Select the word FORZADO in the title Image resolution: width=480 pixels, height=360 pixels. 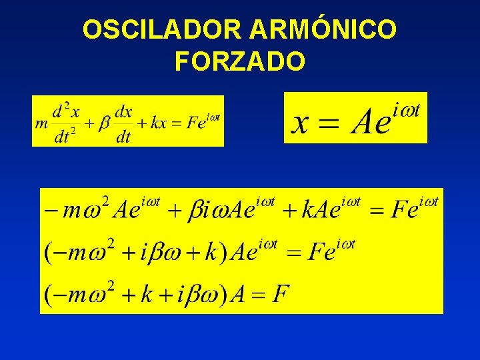240,61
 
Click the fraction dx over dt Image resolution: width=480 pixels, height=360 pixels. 123,123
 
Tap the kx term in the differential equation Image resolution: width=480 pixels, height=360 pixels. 159,123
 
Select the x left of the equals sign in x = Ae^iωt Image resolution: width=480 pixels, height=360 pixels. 301,122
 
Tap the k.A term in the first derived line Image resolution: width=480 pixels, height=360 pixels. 319,211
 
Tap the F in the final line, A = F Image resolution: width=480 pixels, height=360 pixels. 281,293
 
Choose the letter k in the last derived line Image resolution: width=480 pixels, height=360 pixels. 145,293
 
